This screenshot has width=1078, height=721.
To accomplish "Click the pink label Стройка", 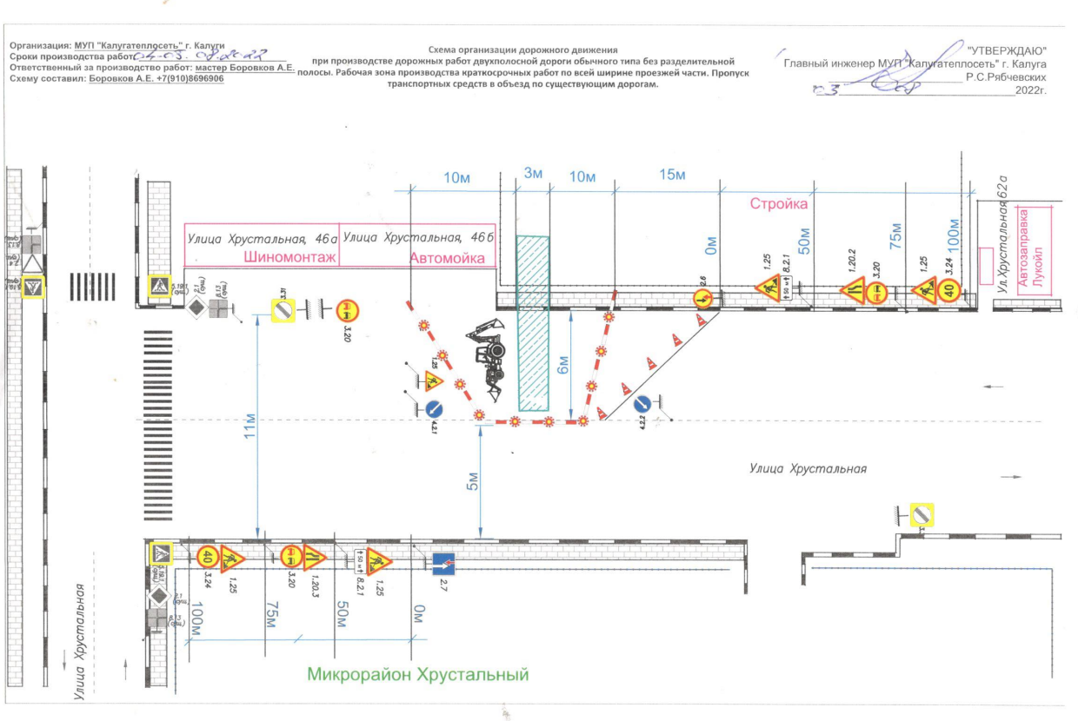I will [x=780, y=204].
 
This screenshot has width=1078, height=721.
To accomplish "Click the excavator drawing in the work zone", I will [x=487, y=356].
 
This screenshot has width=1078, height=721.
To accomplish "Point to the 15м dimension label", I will [x=673, y=175].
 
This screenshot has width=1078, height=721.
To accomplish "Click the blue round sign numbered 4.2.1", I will [x=436, y=407].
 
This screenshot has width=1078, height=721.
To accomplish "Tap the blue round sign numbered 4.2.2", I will [x=642, y=404].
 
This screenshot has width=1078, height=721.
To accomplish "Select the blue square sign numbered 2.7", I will [x=444, y=563].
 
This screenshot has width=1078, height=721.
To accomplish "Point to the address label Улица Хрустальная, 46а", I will [x=261, y=237].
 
